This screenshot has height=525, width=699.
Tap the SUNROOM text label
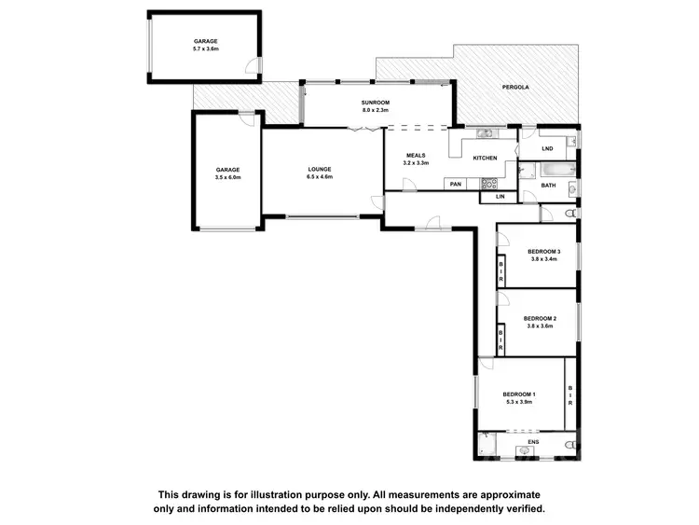[x=375, y=102]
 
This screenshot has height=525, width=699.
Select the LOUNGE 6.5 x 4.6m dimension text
[x=320, y=176]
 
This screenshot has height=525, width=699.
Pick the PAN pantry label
[x=456, y=184]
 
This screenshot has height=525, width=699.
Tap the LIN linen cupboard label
[x=500, y=196]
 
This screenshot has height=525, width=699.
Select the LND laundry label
[x=548, y=148]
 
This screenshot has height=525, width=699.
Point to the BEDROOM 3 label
[x=543, y=252]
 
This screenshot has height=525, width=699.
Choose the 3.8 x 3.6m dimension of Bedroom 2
[x=540, y=326]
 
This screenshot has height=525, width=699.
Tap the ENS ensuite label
[x=534, y=442]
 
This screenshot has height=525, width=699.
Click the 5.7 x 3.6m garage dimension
[x=205, y=49]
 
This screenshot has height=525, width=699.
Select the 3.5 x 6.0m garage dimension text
[x=227, y=176]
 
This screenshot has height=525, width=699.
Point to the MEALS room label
[x=416, y=155]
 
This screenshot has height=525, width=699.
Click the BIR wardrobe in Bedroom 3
[x=500, y=269]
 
